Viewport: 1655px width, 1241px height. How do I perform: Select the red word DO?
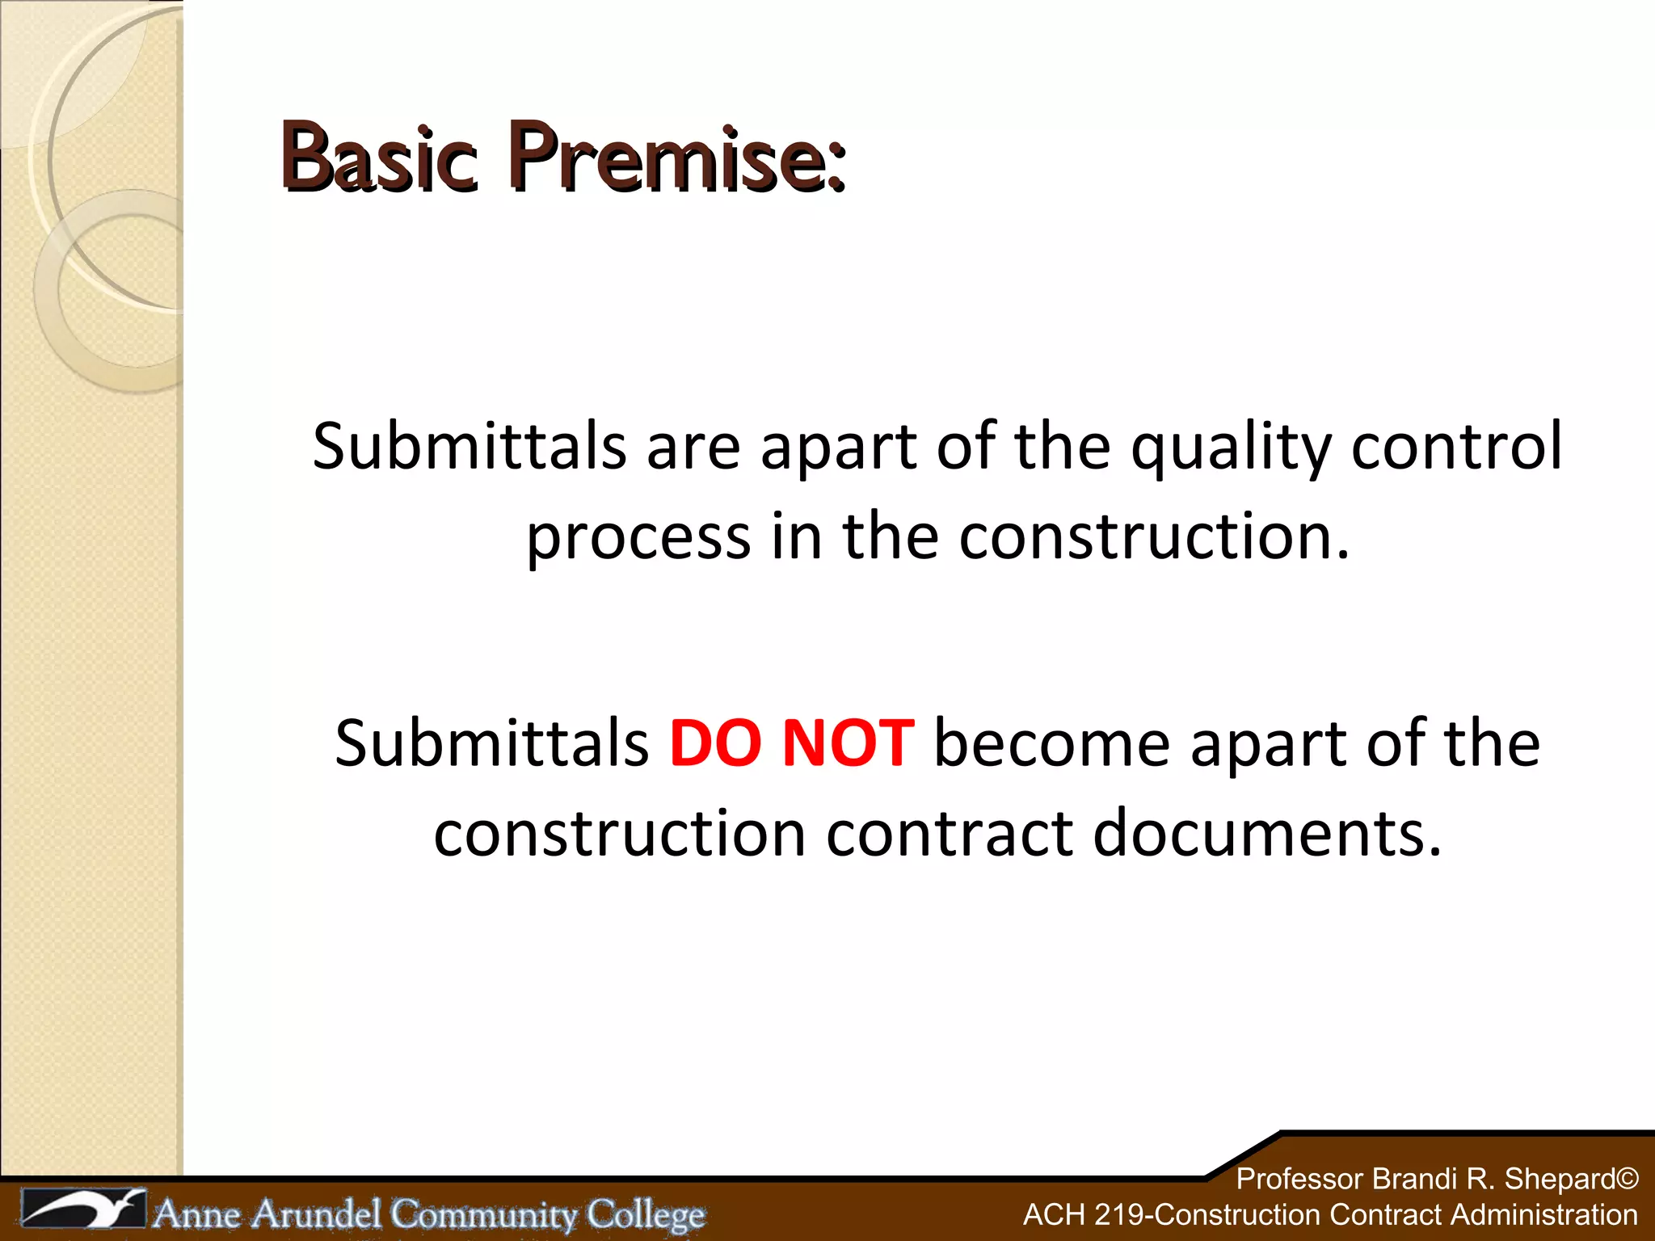(715, 743)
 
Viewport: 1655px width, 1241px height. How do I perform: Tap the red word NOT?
(849, 743)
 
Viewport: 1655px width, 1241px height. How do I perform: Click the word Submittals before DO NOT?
(492, 743)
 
